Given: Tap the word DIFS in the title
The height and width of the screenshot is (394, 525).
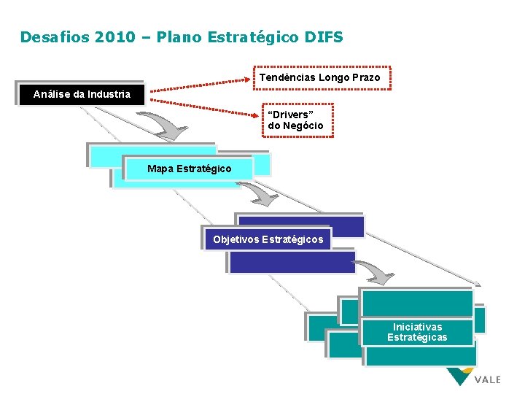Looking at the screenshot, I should [x=323, y=36].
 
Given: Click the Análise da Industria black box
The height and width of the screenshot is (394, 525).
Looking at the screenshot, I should [x=82, y=94].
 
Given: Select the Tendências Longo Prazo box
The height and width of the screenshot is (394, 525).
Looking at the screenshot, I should [x=320, y=77].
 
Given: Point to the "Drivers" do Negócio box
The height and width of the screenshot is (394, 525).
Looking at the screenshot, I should [x=296, y=120].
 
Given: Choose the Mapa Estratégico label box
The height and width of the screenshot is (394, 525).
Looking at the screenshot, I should [x=189, y=169].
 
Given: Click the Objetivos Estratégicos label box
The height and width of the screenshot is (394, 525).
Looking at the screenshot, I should [x=268, y=239].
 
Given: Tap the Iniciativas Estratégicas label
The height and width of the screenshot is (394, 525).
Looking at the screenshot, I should [x=417, y=332].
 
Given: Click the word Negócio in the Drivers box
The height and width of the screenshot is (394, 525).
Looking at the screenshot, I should [x=306, y=126].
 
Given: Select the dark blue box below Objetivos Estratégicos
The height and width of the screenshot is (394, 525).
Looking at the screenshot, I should [x=292, y=262].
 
